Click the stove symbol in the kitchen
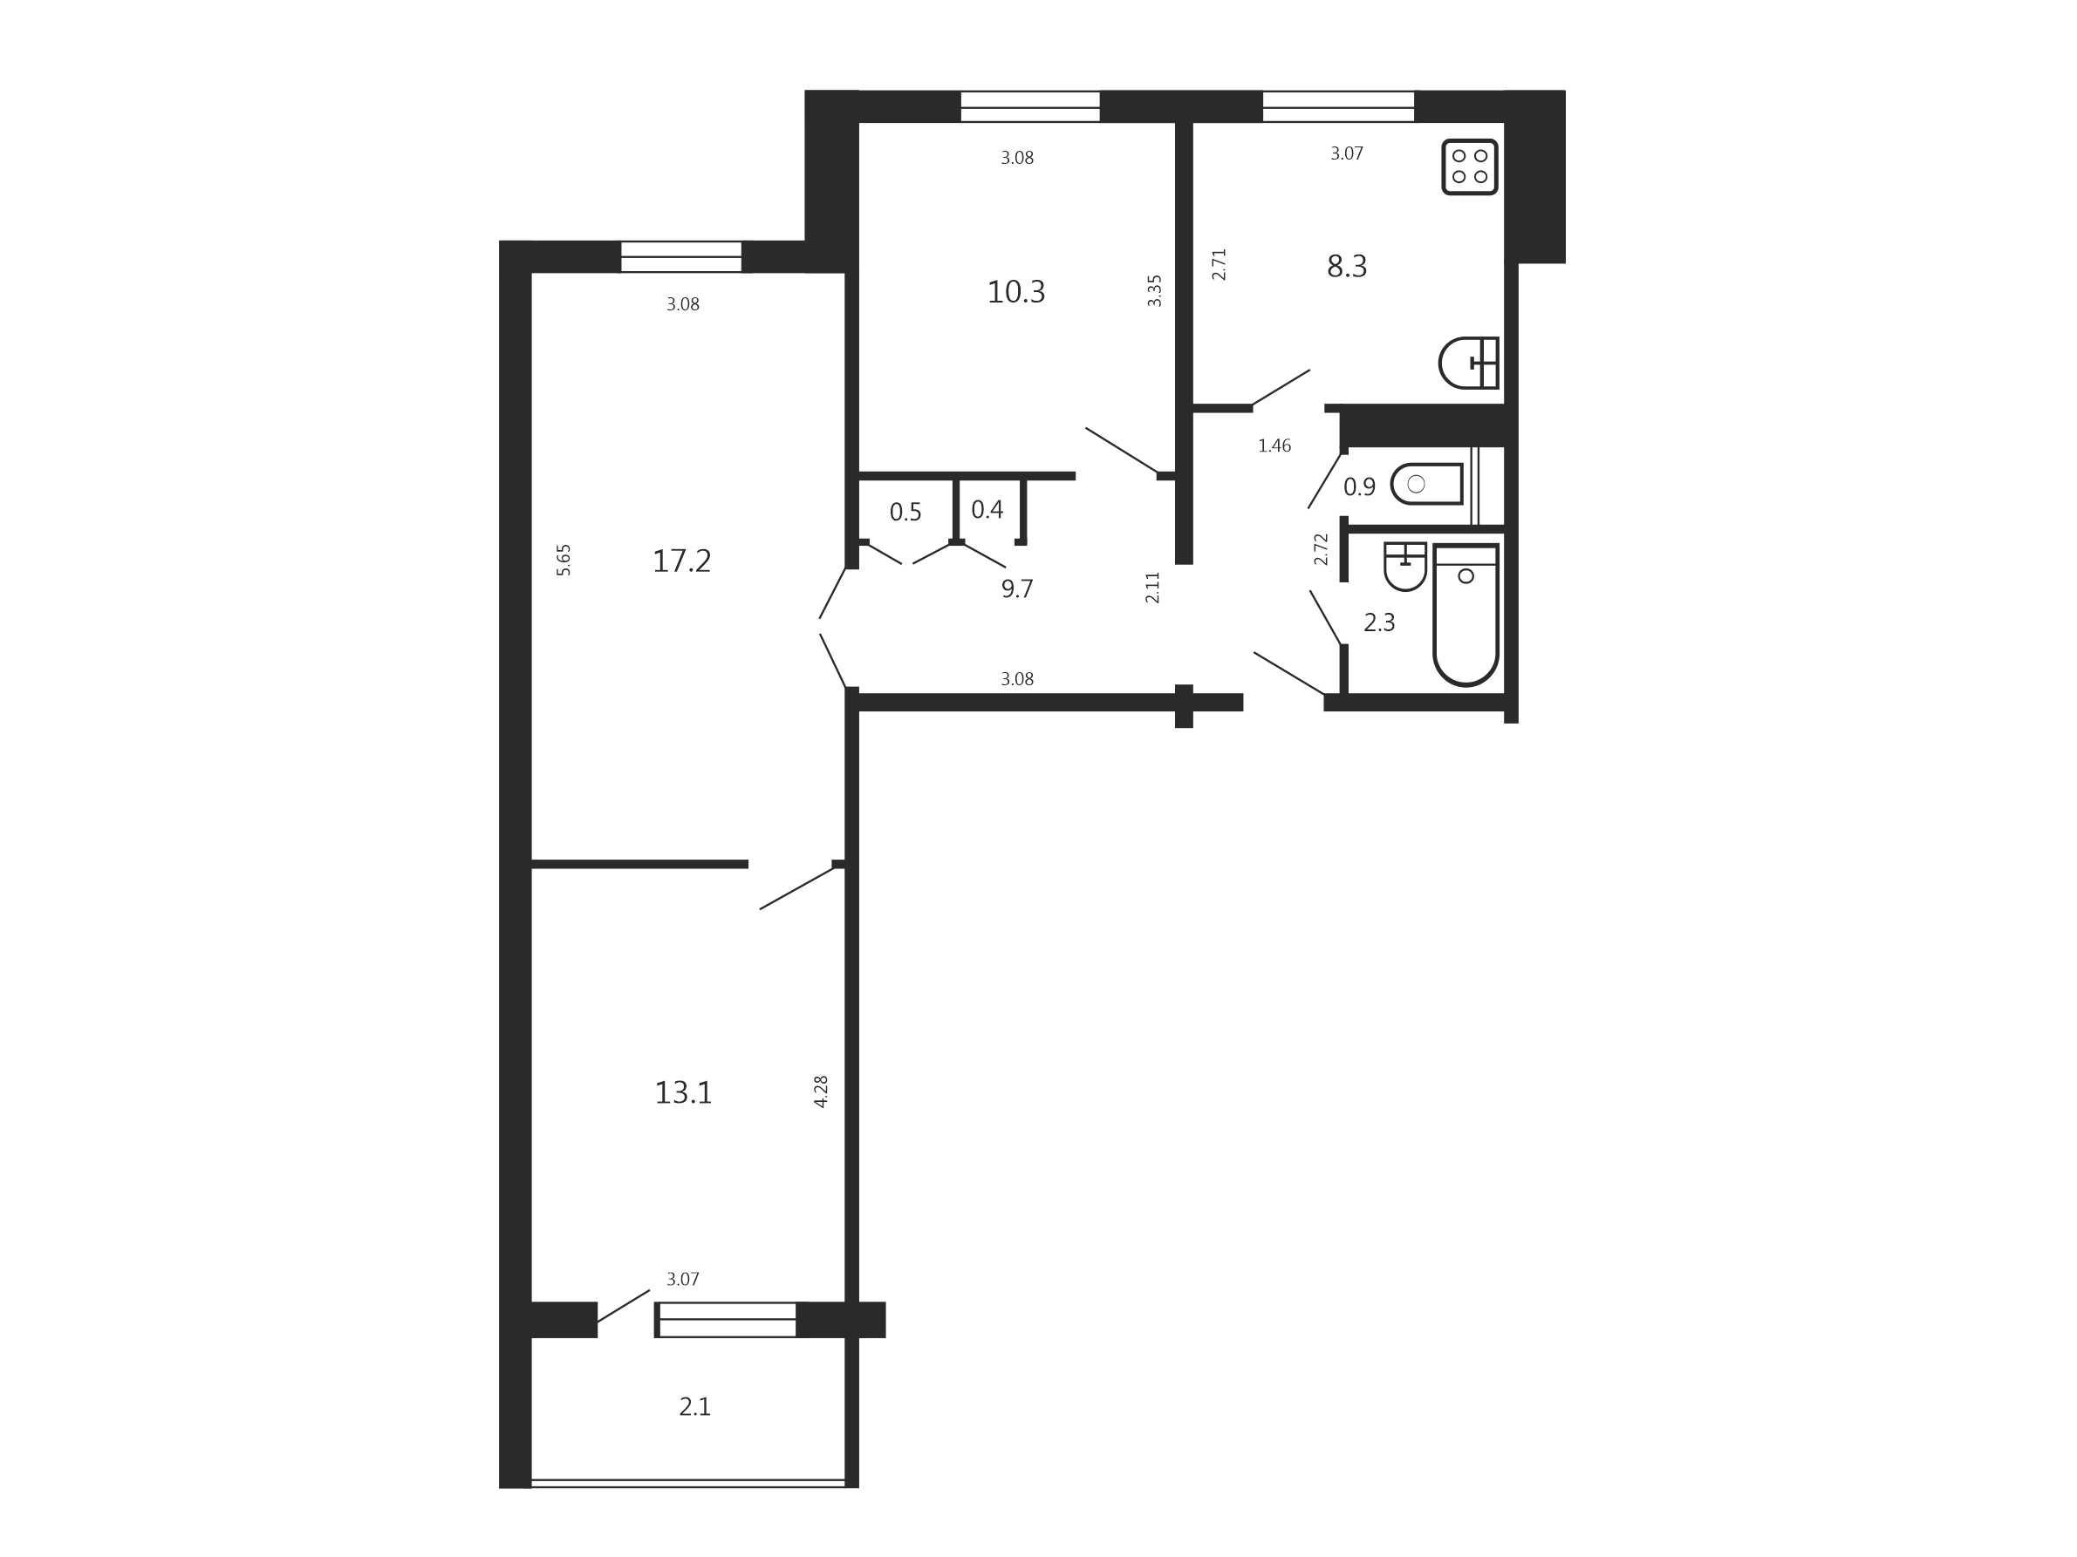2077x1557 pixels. (1470, 167)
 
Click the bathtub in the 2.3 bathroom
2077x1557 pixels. (1466, 614)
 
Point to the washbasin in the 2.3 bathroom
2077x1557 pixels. (1404, 566)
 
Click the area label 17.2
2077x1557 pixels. (681, 561)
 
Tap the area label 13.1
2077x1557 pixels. (684, 1093)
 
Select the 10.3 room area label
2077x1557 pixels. (1016, 292)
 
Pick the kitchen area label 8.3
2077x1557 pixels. (1347, 267)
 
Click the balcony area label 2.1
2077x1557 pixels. (695, 1407)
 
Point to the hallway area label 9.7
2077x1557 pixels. (1017, 588)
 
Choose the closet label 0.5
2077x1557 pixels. (905, 512)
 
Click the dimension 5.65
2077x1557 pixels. (564, 560)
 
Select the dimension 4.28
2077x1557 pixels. (821, 1091)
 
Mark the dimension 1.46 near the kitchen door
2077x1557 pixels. (1274, 445)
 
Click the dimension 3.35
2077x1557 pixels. (1155, 291)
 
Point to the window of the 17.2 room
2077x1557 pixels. (681, 256)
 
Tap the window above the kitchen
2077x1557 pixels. (1338, 106)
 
